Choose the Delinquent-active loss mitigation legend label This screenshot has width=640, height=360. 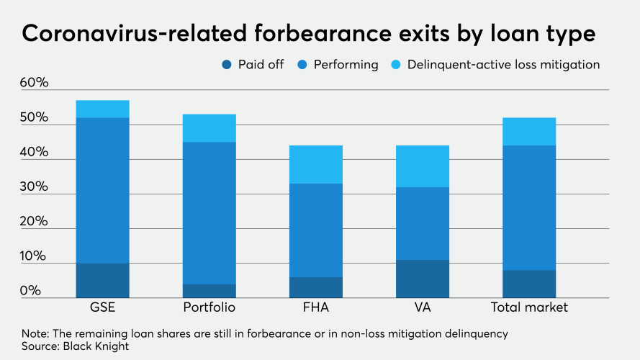(x=503, y=65)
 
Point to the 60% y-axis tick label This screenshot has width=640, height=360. (x=34, y=83)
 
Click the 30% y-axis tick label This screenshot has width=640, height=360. (x=34, y=187)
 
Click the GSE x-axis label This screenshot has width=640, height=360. (x=102, y=307)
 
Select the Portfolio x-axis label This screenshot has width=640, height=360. (x=209, y=307)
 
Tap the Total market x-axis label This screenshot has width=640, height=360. (x=529, y=307)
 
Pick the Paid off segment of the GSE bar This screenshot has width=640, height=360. (x=102, y=280)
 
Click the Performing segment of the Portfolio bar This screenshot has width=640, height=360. (x=209, y=212)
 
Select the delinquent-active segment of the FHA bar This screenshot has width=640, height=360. (x=315, y=164)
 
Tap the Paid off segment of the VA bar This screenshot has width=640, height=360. (x=422, y=279)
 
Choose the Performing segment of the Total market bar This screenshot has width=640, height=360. (x=529, y=207)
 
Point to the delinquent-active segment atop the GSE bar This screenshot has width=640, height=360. (x=102, y=109)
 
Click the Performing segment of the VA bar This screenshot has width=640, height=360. (x=422, y=223)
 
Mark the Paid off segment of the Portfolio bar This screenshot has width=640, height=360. (x=209, y=291)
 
